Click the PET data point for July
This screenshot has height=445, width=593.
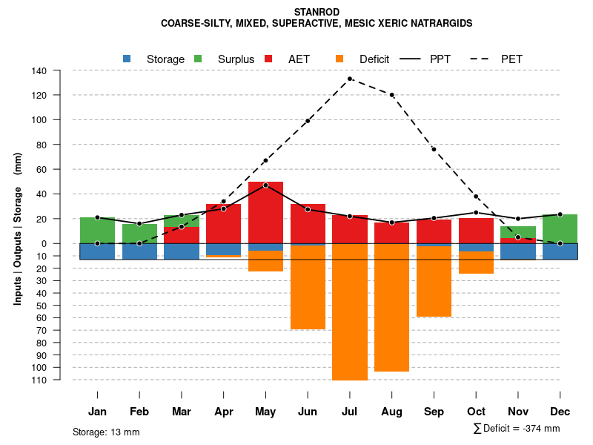[x=350, y=79]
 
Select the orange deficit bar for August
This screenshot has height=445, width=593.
[x=392, y=308]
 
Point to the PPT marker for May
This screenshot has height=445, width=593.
[x=265, y=185]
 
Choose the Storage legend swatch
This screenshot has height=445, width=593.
[x=127, y=59]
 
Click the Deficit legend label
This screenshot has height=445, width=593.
[x=374, y=59]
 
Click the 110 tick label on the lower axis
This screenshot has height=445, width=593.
[x=40, y=380]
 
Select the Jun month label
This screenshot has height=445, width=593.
[x=308, y=412]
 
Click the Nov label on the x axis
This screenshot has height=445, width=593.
[x=518, y=412]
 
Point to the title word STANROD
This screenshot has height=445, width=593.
[x=317, y=13]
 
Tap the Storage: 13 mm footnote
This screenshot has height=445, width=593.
[x=106, y=432]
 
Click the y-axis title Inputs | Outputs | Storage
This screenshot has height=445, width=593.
[x=18, y=233]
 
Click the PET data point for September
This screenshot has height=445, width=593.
[x=434, y=150]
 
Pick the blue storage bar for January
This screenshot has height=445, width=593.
[x=97, y=251]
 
